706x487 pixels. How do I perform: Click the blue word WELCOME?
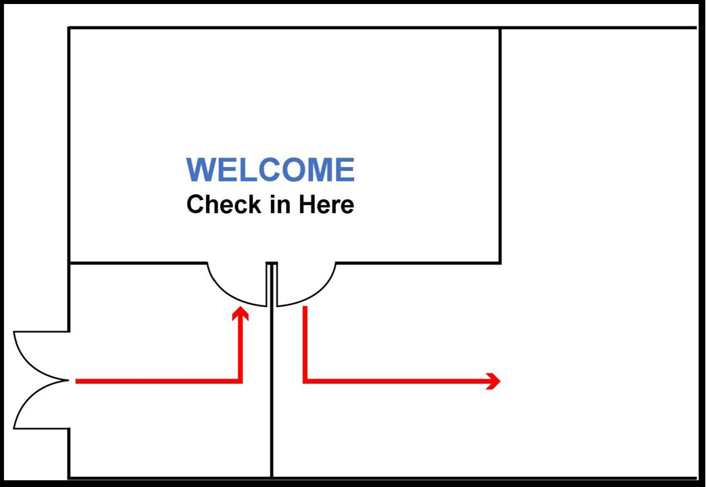(271, 170)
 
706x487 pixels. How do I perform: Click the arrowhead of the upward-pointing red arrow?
(241, 313)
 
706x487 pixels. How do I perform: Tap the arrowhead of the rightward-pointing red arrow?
(493, 381)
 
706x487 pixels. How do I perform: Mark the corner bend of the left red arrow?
(241, 381)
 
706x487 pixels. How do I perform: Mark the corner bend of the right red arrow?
(305, 381)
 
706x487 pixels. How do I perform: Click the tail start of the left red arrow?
(76, 381)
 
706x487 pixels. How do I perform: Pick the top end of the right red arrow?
(305, 307)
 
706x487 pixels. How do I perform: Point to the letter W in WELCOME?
(201, 170)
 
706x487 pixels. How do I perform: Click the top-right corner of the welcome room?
(500, 28)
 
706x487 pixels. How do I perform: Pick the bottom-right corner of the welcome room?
(500, 262)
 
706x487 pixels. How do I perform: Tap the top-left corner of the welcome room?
(69, 28)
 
